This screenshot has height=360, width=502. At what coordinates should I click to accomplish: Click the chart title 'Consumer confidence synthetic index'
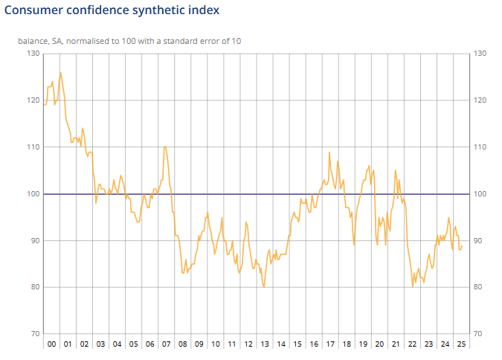pos(112,11)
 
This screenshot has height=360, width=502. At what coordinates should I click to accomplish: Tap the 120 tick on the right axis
pos(479,100)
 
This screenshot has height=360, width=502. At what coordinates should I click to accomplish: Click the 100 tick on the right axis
pos(479,194)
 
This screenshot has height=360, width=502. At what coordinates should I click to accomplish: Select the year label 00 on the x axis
pos(51,344)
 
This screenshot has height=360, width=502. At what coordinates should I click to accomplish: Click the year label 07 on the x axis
pos(166,344)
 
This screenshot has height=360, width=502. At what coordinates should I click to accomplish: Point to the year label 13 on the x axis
pos(264,344)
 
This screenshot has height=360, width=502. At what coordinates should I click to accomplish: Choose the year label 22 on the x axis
pos(412,344)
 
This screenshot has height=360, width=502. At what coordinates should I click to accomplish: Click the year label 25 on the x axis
pos(461,344)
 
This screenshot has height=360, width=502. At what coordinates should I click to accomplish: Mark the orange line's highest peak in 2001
pos(60,73)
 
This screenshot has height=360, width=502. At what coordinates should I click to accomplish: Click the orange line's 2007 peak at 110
pos(164,147)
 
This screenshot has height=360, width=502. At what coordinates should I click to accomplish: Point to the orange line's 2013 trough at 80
pos(264,287)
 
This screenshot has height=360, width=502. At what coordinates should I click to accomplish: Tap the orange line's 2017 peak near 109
pos(329,152)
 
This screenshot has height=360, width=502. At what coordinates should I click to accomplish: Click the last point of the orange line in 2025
pos(462,246)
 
